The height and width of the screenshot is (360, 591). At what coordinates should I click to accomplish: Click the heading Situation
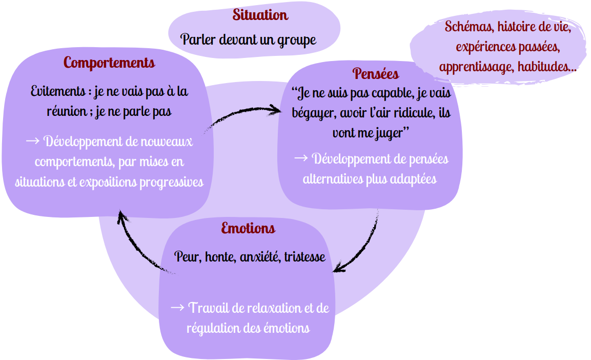(260, 15)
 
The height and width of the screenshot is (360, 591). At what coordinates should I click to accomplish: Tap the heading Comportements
(109, 63)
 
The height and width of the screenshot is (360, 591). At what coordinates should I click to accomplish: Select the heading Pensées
(376, 74)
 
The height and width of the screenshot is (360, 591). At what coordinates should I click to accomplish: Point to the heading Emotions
(248, 228)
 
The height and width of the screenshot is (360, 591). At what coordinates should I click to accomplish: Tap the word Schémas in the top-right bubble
(465, 27)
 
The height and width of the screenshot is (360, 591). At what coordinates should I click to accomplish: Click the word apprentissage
(476, 67)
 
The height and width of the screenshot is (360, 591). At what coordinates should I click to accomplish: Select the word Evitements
(57, 92)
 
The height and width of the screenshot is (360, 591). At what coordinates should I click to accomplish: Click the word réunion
(63, 112)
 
